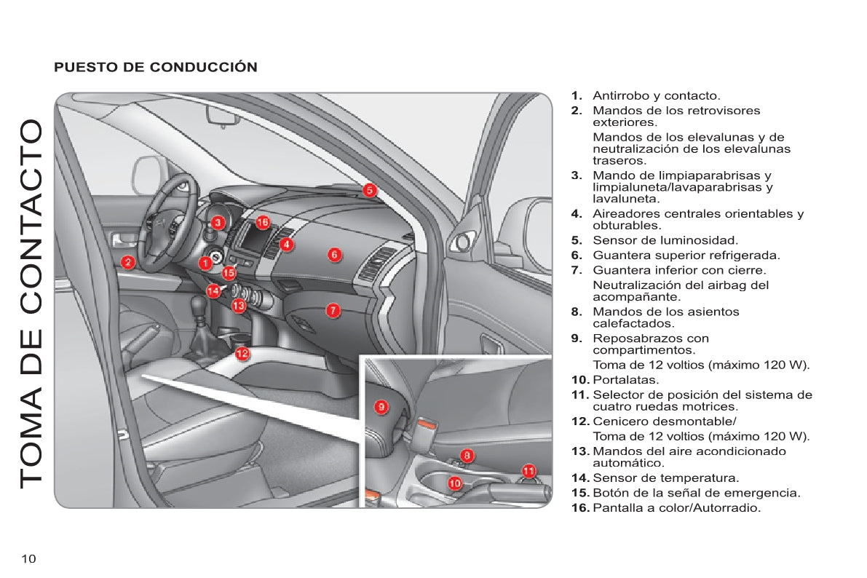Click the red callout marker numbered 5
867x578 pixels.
pyautogui.click(x=370, y=191)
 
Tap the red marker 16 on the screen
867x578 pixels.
pyautogui.click(x=263, y=222)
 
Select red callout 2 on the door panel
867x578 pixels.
pyautogui.click(x=127, y=262)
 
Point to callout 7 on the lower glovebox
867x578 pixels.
pyautogui.click(x=332, y=310)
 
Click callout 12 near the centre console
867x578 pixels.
pyautogui.click(x=242, y=354)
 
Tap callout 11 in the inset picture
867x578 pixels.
pyautogui.click(x=529, y=471)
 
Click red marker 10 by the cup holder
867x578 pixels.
pyautogui.click(x=455, y=482)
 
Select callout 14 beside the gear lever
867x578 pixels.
pyautogui.click(x=213, y=290)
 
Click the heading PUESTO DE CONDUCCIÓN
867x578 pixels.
pyautogui.click(x=156, y=68)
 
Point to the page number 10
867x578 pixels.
pyautogui.click(x=28, y=558)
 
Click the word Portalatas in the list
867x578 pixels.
pyautogui.click(x=626, y=380)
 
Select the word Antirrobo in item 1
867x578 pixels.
pyautogui.click(x=620, y=95)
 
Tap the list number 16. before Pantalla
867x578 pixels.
pyautogui.click(x=580, y=507)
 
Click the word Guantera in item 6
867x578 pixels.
pyautogui.click(x=619, y=255)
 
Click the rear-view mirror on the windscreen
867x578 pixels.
pyautogui.click(x=218, y=115)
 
